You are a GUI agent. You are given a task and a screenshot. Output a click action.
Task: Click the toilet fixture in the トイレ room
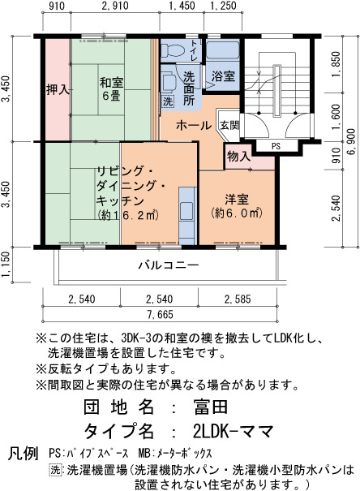coord(174,50)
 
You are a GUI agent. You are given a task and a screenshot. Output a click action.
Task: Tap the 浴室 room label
coord(223,76)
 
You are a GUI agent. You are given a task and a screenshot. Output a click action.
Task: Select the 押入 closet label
coord(58,90)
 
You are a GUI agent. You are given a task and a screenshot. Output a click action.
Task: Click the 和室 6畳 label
coord(111,89)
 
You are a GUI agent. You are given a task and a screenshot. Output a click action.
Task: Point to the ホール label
coord(194,125)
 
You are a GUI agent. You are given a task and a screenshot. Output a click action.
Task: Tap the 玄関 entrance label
coord(230,125)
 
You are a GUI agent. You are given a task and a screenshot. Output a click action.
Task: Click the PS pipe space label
coord(276,146)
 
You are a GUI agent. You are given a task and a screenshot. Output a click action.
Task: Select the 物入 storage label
coord(239,156)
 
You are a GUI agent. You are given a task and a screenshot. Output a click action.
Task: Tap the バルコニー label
coord(169,265)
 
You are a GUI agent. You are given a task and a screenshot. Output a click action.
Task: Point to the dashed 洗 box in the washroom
coord(168,101)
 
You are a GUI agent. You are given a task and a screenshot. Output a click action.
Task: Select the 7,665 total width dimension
coord(161,314)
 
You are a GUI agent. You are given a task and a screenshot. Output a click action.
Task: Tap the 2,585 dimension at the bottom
coord(238,299)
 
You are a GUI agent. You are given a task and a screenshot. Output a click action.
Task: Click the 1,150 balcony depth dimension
coord(6,265)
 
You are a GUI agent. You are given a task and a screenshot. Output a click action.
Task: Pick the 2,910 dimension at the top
coord(115,6)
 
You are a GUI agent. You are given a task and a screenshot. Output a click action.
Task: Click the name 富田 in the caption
coord(210,407)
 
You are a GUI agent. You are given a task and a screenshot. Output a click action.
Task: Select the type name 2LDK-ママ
coord(233,431)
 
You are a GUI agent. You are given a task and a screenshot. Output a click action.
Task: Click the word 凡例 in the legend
coord(24,453)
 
